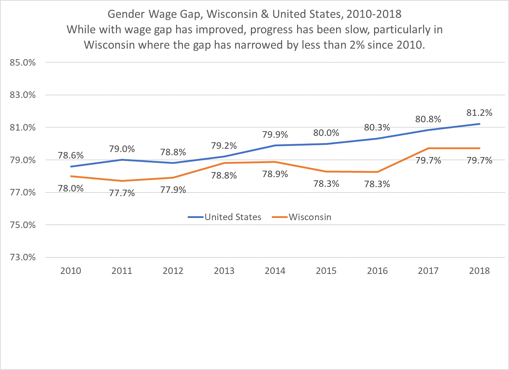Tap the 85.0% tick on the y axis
(x=22, y=62)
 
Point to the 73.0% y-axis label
(x=22, y=257)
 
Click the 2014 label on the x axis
(x=275, y=271)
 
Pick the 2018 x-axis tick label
(x=479, y=271)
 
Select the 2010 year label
(x=71, y=271)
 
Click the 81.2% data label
(x=479, y=113)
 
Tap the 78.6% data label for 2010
(x=71, y=155)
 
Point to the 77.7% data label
(x=122, y=194)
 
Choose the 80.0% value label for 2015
(x=326, y=133)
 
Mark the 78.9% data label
(x=275, y=174)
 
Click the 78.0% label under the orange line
(x=71, y=189)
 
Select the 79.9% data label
(x=275, y=135)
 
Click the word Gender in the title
(x=126, y=14)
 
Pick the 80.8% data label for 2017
(x=428, y=119)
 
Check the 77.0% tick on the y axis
(x=22, y=193)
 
